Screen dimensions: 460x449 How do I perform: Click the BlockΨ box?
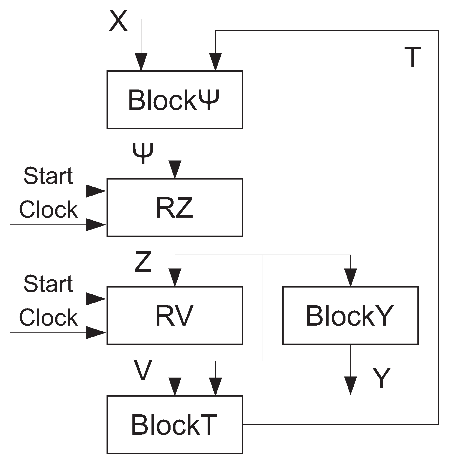coord(175,100)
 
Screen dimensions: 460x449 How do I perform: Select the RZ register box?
coord(175,208)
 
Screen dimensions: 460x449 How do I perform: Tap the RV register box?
coord(175,315)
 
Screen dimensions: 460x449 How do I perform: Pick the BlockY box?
coord(350,316)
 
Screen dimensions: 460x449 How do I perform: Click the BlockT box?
coord(175,424)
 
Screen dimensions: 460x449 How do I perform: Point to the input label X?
coord(118,21)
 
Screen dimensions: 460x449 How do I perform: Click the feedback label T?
coord(413,57)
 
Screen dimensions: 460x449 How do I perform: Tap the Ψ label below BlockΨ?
coord(143,153)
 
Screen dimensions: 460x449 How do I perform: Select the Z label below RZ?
coord(143,262)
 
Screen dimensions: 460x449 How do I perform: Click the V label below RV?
coord(142,370)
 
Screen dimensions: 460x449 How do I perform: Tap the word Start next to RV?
coord(48,284)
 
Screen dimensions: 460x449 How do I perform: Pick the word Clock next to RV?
coord(48,317)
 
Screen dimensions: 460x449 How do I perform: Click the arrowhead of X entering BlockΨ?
coord(141,62)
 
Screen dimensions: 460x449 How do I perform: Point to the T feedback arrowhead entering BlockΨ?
coord(216,62)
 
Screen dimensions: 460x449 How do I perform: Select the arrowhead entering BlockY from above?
coord(350,278)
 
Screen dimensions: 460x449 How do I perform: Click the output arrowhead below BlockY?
coord(350,385)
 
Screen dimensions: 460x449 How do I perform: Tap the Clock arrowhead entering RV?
coord(96,332)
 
